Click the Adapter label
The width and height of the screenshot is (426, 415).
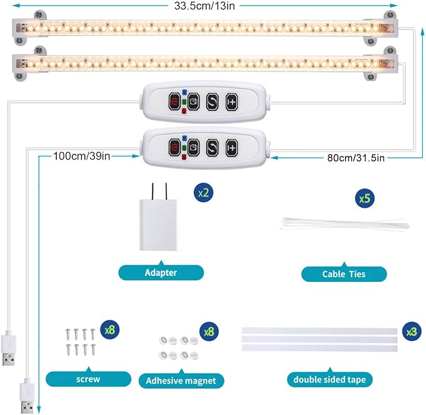161,272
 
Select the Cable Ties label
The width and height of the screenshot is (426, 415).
344,274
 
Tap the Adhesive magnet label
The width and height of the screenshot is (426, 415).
181,380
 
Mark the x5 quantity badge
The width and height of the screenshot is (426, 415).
364,199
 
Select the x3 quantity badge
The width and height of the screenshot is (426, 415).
411,331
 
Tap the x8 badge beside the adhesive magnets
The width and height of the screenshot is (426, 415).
208,331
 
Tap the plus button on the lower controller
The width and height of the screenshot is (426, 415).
233,148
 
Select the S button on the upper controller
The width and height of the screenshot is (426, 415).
213,101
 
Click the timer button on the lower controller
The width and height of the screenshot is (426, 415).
193,148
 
